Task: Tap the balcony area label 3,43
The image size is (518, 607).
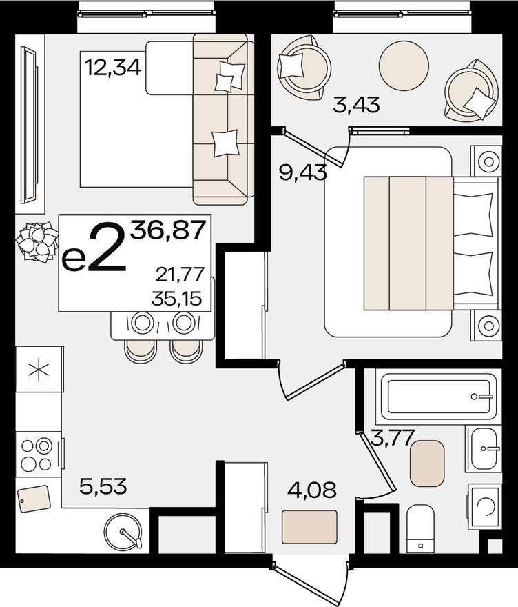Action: (356, 106)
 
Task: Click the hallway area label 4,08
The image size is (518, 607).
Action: (313, 491)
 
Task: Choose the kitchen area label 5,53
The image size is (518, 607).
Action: (103, 488)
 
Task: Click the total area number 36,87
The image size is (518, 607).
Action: (169, 230)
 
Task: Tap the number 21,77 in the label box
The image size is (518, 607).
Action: (180, 275)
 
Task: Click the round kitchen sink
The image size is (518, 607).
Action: (123, 533)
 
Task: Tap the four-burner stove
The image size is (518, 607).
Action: (37, 455)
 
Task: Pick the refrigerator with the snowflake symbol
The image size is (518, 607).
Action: (38, 369)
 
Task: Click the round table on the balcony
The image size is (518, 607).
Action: (404, 66)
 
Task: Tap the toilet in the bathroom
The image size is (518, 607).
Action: (419, 529)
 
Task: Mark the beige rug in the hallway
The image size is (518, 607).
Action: (309, 527)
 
